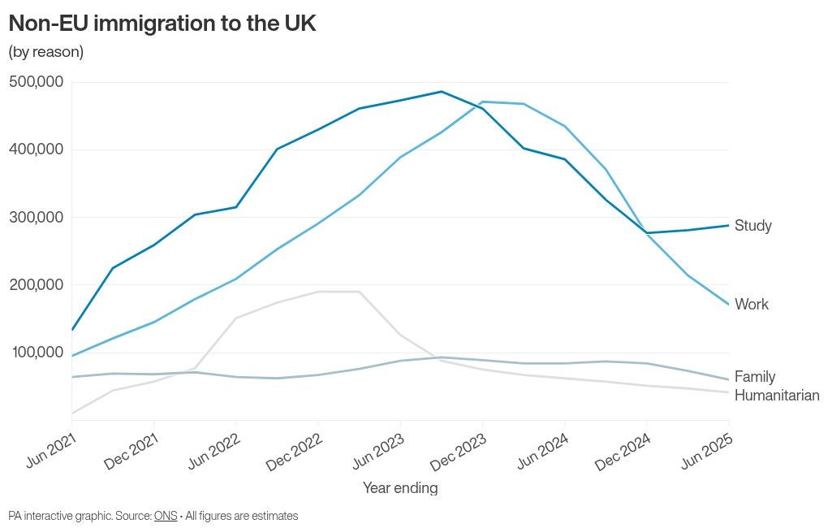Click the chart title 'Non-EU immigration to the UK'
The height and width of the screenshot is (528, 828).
[162, 23]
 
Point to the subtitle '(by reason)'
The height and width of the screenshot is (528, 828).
[45, 52]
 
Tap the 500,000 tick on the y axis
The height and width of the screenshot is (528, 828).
[37, 82]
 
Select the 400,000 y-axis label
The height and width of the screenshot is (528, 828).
[37, 149]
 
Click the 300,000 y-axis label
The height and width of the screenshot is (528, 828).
[37, 217]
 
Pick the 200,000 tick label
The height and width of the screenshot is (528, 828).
[37, 284]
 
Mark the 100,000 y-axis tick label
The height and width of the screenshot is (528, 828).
[37, 352]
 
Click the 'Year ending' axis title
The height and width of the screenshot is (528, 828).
[400, 488]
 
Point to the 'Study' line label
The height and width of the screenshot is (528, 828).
[753, 226]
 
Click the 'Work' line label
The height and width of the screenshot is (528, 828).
[752, 305]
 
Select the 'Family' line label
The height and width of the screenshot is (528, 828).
[755, 377]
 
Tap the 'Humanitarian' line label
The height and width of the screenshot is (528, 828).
[777, 396]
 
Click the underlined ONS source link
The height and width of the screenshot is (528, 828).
[166, 516]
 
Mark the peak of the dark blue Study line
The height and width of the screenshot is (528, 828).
[441, 92]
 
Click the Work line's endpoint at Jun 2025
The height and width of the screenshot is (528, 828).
[728, 305]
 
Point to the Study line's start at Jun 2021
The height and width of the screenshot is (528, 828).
[72, 330]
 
